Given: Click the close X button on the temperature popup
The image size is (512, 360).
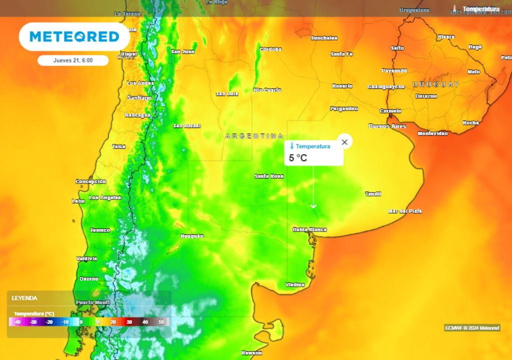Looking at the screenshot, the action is [344, 142].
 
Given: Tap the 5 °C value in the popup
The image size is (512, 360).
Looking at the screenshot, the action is [298, 158].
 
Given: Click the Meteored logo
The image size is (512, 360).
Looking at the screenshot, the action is [74, 36].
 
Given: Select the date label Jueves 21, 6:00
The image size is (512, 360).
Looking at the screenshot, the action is [73, 60].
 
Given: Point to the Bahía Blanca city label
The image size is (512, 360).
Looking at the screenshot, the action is [309, 229].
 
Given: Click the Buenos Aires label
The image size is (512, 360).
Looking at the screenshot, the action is [387, 126].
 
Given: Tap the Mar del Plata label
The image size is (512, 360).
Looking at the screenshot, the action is [405, 211].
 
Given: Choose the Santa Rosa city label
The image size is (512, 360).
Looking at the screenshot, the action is [269, 176].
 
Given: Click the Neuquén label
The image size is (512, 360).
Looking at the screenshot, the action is [192, 235].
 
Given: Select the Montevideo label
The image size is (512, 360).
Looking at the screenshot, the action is [432, 133].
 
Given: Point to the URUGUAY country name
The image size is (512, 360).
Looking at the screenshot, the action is [435, 84].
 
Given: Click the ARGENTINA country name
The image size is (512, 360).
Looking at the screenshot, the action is [254, 136].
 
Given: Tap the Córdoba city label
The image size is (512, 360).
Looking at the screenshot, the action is [270, 49].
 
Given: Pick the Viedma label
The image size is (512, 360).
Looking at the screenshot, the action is [295, 284].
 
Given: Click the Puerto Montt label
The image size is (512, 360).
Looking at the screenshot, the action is [92, 302].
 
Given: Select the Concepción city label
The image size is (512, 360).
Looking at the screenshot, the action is [90, 181].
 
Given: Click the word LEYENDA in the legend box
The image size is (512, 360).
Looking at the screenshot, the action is [24, 298].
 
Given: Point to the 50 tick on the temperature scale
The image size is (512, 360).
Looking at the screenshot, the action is [161, 322].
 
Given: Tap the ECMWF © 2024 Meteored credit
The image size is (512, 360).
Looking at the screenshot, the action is [471, 328].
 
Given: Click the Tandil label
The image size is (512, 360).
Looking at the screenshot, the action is [373, 194].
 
